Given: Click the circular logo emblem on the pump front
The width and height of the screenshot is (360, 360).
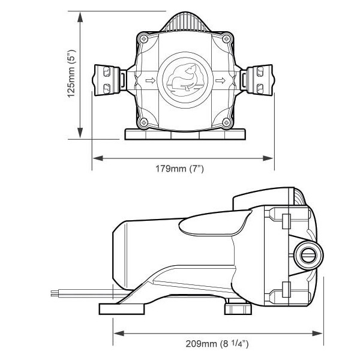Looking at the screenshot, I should coord(183,79).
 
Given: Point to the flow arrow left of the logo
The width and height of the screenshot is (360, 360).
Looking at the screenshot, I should coord(149,80).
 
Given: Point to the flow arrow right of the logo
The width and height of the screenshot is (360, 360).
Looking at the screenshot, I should coord(220,80).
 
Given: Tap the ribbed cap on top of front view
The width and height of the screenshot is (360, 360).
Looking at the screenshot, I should coord(183,23).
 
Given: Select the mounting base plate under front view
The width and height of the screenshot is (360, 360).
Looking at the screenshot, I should coord(184,134).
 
